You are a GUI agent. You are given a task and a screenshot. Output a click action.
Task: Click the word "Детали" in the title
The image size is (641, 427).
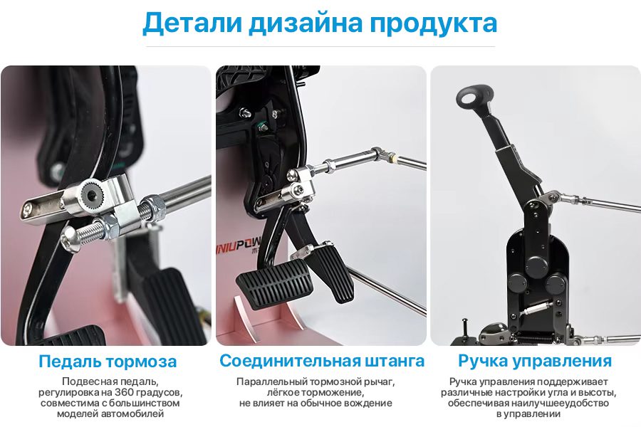[192, 23]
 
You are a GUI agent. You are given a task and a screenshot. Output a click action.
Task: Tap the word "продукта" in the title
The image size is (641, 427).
[433, 24]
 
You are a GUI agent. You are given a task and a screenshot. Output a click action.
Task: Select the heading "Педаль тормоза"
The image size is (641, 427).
[108, 362]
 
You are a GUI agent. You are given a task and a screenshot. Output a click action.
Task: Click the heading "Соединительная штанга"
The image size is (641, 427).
[322, 361]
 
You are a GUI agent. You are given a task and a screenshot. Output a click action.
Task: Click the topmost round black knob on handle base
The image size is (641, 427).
[536, 265]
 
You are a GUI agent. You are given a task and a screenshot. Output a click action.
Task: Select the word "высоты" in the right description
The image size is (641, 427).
[598, 393]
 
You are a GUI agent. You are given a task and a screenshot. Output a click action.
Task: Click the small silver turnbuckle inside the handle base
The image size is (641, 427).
[536, 307]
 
